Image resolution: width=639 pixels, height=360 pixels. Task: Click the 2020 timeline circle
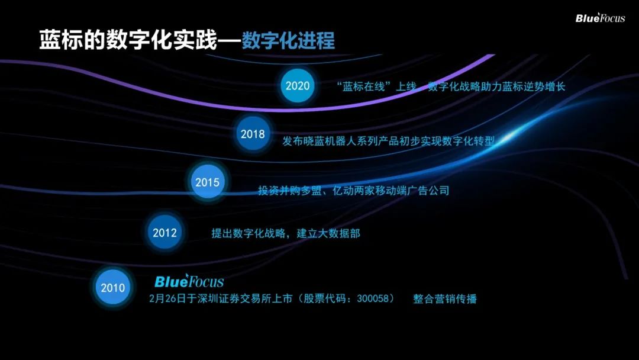298,86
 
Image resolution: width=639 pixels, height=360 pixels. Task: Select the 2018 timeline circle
253,134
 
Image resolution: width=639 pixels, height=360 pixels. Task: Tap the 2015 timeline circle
208,182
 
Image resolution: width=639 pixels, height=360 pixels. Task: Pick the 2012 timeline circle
164,232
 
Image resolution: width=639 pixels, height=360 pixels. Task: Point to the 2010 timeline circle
113,287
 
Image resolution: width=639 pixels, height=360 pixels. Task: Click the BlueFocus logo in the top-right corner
600,18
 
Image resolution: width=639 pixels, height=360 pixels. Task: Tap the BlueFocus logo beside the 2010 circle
189,281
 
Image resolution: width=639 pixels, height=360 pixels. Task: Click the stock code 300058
373,298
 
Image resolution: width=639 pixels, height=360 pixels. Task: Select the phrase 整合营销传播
444,299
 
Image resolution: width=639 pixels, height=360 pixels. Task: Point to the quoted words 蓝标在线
363,86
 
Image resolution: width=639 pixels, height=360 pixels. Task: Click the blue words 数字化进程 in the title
288,40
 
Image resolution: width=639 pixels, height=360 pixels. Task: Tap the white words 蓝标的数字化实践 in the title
128,40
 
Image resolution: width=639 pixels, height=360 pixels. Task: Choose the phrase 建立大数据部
328,233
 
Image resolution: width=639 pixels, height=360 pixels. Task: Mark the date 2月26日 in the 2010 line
167,298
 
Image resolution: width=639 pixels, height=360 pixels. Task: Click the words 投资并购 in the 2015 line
279,191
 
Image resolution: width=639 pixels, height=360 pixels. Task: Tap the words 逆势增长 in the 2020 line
544,86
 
